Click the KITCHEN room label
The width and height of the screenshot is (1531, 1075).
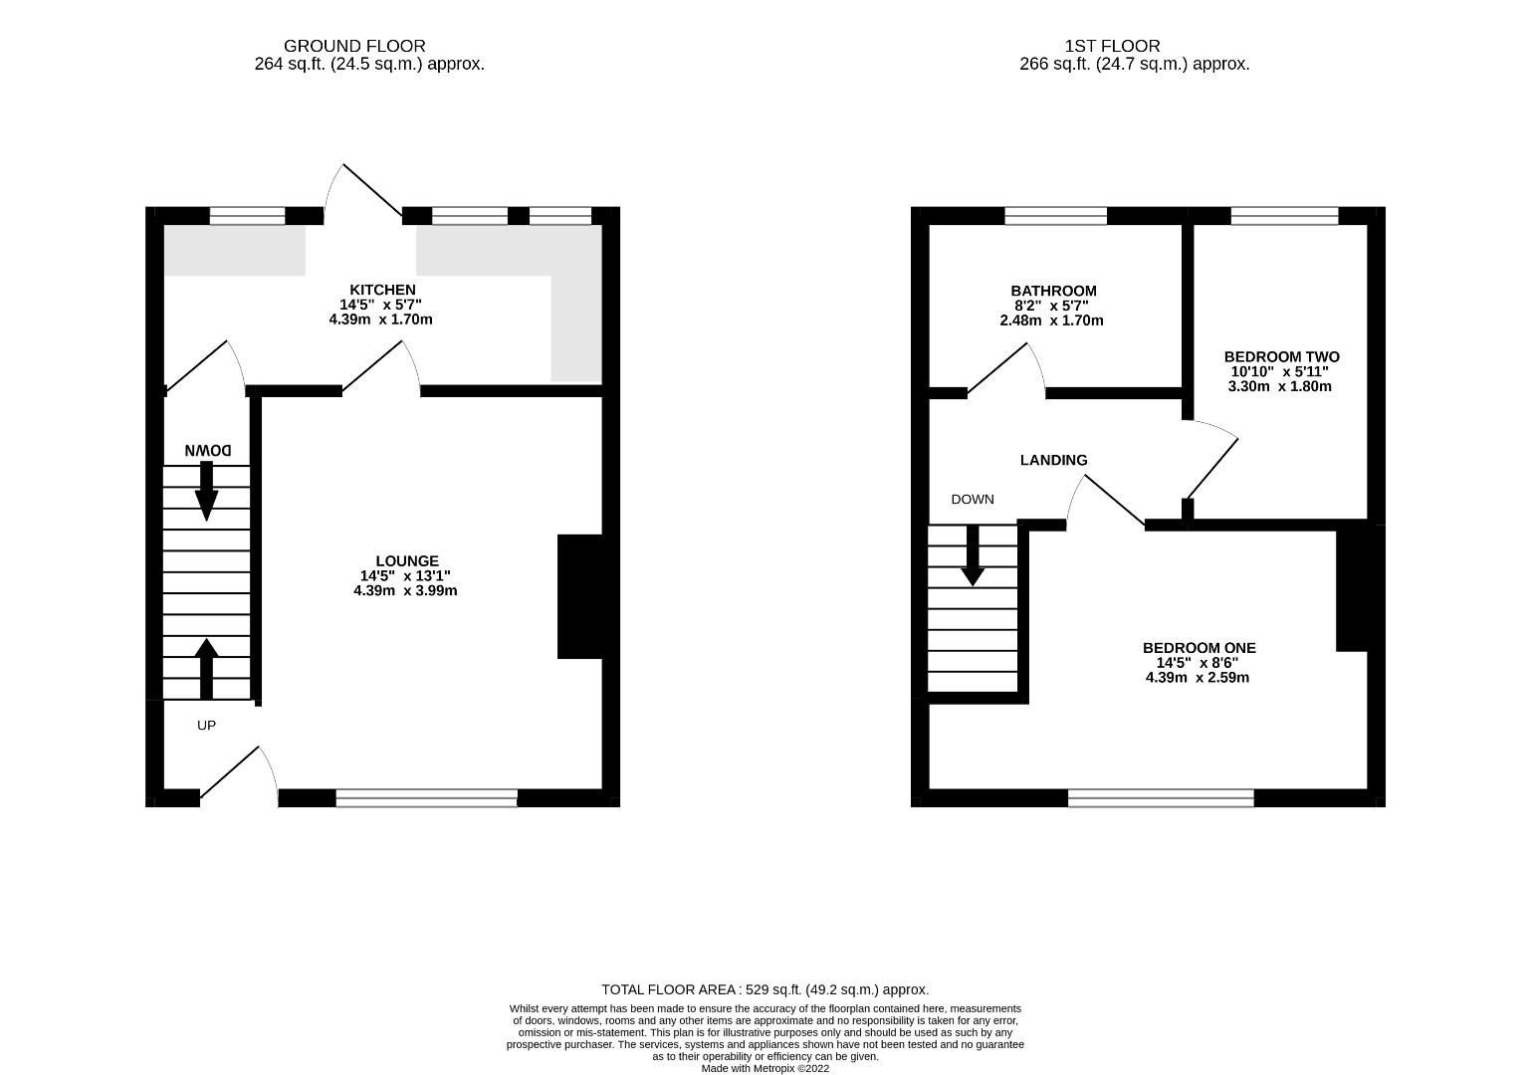[382, 290]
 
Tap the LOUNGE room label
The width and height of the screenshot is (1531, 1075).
[406, 561]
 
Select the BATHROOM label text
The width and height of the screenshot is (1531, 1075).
[1053, 291]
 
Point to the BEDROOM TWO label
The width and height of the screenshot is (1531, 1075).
[1281, 356]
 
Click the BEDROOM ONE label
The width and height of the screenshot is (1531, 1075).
[1199, 648]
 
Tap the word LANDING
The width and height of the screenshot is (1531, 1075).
[1053, 460]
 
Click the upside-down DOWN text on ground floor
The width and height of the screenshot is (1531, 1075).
[208, 451]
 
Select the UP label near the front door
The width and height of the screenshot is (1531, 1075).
[206, 726]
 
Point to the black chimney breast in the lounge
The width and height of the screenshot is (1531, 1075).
[580, 596]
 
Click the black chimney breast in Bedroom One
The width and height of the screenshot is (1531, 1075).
[1354, 588]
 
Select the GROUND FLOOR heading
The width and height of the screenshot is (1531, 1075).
[354, 46]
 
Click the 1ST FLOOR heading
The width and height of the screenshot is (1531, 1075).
[1112, 46]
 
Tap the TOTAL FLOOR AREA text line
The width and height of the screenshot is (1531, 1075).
[765, 989]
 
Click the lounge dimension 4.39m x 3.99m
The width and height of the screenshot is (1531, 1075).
[405, 590]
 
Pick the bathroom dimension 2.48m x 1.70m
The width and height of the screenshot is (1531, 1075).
[1051, 321]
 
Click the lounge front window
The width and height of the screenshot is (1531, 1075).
[426, 796]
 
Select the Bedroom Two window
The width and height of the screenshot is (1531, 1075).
[1284, 215]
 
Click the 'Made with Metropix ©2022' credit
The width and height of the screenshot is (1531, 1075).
[765, 1068]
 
